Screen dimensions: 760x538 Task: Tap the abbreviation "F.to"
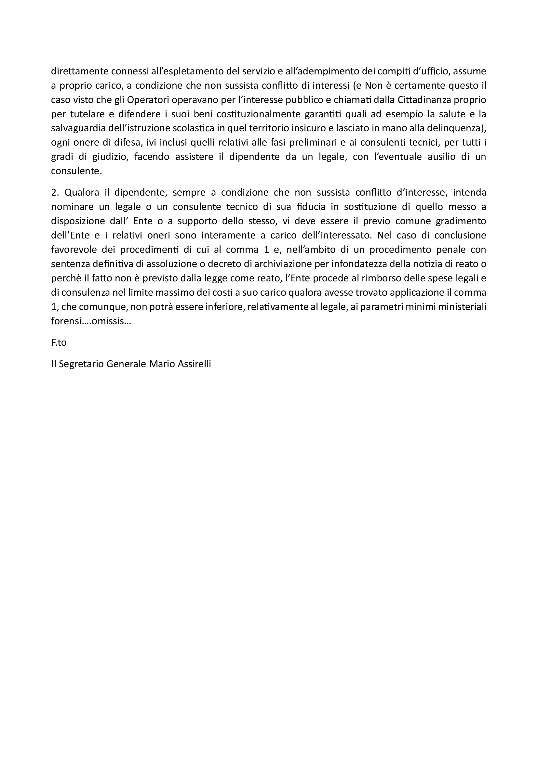(x=59, y=342)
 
